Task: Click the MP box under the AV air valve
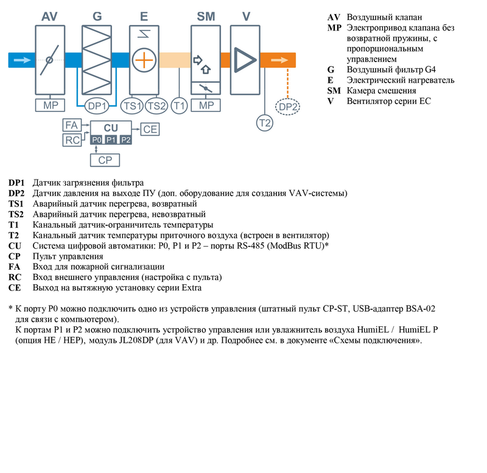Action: click(x=50, y=106)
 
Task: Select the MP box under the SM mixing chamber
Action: click(x=206, y=106)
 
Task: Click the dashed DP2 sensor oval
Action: click(x=287, y=107)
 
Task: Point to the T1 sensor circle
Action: click(x=179, y=106)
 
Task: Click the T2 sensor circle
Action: click(x=265, y=122)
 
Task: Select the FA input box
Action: click(x=71, y=125)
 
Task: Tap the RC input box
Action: click(x=71, y=141)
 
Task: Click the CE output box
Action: click(x=150, y=128)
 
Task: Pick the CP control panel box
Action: click(x=105, y=160)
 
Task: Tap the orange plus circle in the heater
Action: click(x=144, y=61)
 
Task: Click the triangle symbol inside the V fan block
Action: click(x=245, y=60)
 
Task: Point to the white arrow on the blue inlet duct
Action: click(x=22, y=60)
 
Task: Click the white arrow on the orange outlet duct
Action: click(x=280, y=60)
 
